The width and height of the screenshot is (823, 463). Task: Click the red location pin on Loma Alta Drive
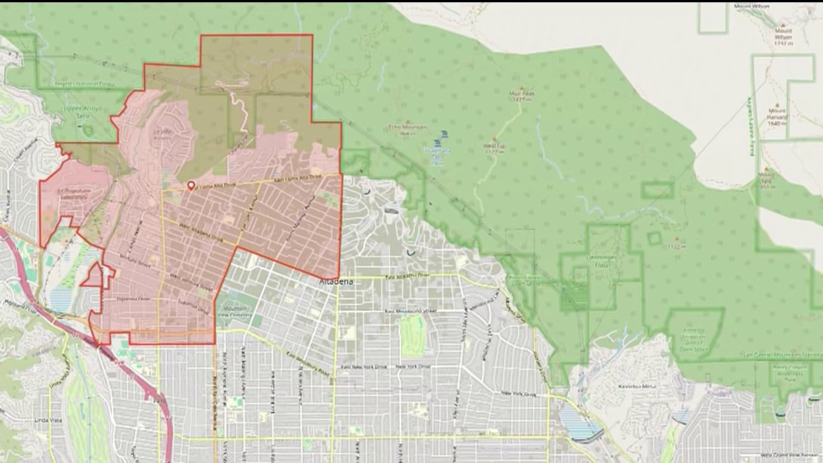point(191,185)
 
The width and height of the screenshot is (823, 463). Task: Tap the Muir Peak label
point(522,95)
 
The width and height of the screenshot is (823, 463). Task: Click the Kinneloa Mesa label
point(640,386)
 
